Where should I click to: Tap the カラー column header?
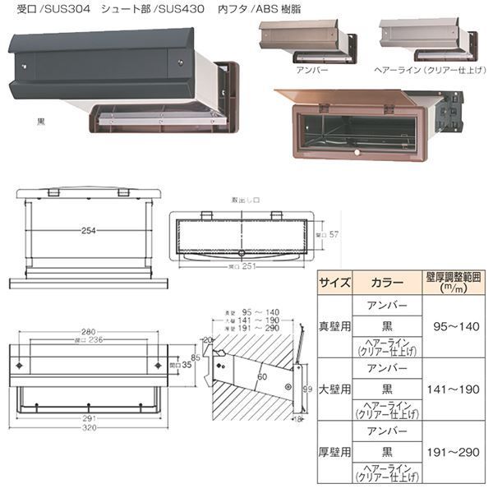382,282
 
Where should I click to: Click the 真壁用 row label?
334,326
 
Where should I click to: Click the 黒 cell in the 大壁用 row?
382,388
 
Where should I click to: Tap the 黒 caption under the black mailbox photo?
41,121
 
